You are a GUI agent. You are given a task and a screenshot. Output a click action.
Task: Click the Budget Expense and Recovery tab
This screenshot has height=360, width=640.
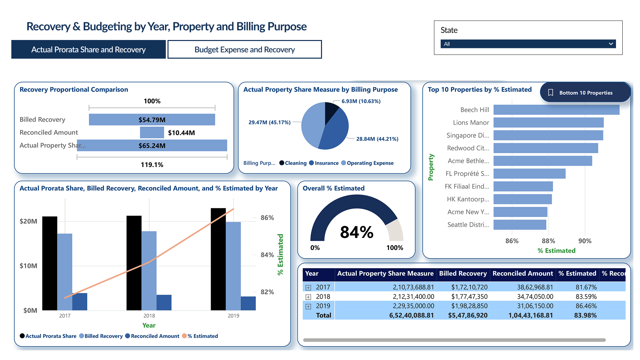(244, 50)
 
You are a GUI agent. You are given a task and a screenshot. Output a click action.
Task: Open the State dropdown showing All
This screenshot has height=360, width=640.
(528, 44)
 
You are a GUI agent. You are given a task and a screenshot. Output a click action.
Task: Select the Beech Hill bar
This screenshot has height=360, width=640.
(556, 110)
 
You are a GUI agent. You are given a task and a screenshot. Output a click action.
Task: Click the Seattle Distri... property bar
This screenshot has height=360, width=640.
(519, 225)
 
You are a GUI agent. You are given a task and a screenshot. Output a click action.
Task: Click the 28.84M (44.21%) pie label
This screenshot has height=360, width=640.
(377, 139)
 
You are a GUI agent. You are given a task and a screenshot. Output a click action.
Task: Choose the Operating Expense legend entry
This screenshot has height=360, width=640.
(370, 163)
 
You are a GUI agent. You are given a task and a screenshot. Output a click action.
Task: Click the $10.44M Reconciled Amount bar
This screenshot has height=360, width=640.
(152, 133)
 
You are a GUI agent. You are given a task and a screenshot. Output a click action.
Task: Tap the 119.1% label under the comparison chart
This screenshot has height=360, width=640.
(152, 165)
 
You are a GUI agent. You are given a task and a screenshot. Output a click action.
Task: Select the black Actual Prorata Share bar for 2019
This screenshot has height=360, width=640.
(218, 259)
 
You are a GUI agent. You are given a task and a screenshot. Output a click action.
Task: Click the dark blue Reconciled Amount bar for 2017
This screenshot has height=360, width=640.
(80, 302)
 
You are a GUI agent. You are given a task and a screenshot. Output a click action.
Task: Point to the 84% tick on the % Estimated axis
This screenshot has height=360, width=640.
(267, 255)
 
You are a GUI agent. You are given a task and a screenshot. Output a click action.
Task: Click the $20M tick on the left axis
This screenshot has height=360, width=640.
(28, 221)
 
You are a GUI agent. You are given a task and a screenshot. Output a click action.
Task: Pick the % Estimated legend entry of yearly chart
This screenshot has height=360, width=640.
(202, 336)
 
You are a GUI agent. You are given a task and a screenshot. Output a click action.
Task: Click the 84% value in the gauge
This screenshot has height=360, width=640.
(356, 232)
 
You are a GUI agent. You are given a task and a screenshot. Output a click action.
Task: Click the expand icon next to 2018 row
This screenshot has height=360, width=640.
(308, 297)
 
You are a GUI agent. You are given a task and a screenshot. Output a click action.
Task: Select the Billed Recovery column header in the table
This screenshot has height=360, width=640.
(463, 274)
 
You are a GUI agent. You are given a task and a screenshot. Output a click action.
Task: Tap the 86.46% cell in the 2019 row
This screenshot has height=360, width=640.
(586, 306)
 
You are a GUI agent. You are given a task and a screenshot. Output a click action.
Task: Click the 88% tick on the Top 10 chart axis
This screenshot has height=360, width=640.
(548, 241)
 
